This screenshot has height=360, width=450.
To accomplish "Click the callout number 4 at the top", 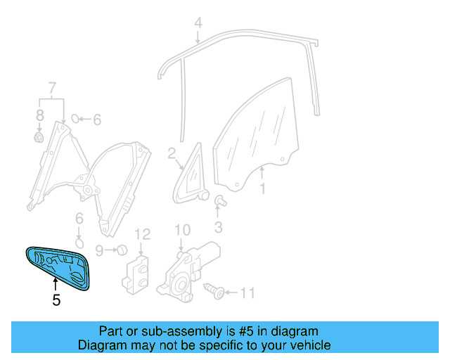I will click(198, 22).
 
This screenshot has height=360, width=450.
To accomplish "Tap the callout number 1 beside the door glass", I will click(262, 188).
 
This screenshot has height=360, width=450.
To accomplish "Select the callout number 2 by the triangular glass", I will click(171, 153).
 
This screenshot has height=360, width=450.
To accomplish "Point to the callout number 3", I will click(218, 226).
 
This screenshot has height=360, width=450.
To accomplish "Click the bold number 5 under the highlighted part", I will click(56, 300).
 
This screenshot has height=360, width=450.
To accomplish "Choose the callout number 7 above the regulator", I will click(51, 88).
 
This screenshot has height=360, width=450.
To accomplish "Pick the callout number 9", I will click(99, 250).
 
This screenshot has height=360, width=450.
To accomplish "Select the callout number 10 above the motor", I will click(182, 229).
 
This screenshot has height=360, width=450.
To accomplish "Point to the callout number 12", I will click(143, 234).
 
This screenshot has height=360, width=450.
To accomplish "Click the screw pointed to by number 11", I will click(214, 290).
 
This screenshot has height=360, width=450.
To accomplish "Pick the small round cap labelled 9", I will click(120, 250).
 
